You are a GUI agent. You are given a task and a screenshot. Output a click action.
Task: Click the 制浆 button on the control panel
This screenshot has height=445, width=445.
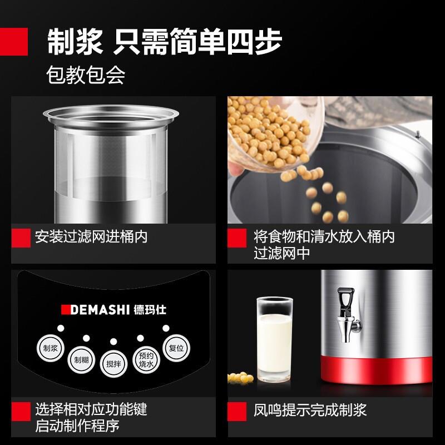tap(48, 349)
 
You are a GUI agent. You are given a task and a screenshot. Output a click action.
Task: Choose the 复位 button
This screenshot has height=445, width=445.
tap(173, 347)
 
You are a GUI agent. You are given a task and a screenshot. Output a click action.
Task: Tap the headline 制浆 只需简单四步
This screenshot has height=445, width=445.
tap(165, 42)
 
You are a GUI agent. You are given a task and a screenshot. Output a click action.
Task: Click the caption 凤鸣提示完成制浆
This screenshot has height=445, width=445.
tap(310, 411)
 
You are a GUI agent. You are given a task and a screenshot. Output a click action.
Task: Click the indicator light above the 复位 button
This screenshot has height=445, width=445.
tap(165, 328)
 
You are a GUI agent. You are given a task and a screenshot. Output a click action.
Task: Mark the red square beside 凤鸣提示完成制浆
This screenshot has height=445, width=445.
tap(238, 411)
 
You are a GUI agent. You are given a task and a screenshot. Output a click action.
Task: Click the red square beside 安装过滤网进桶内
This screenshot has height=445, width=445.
tap(21, 238)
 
